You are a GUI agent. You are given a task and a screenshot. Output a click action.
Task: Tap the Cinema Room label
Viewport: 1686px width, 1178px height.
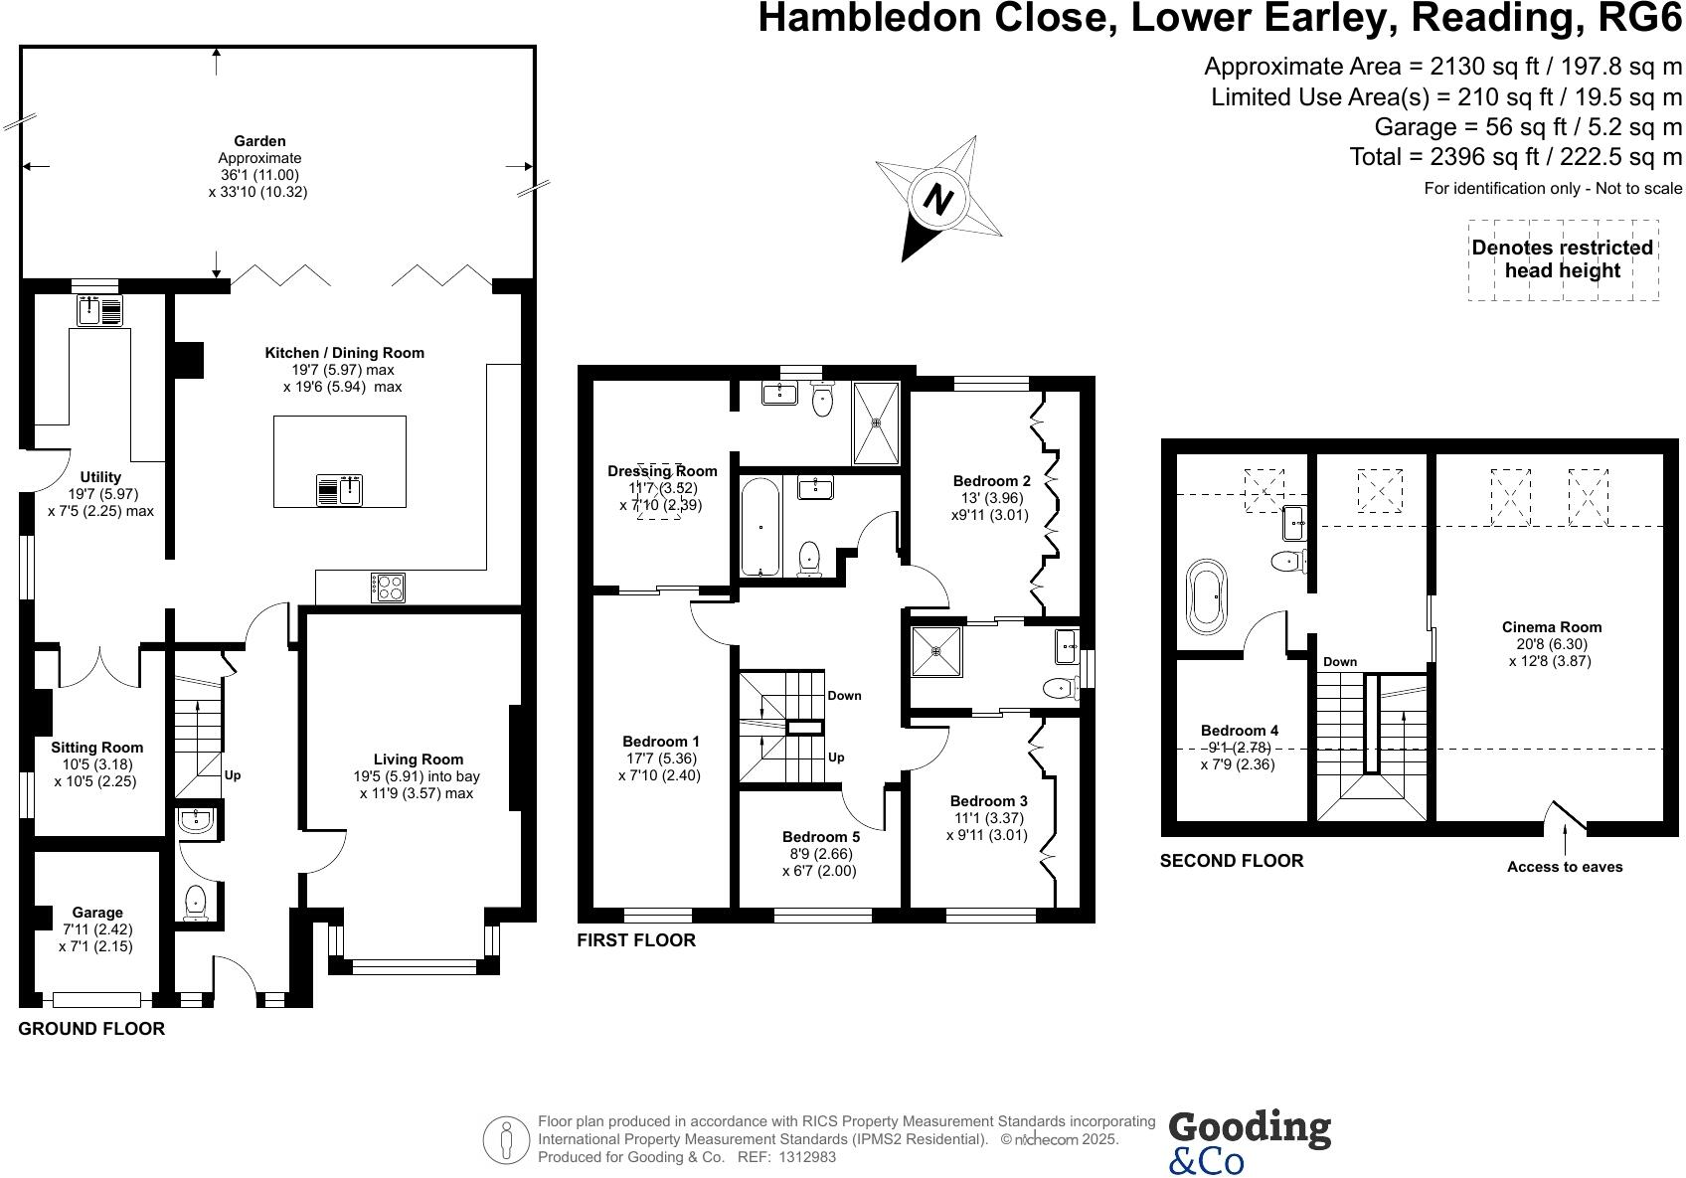tap(1551, 627)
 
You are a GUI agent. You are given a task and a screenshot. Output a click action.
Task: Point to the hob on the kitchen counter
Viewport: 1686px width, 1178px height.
tap(387, 587)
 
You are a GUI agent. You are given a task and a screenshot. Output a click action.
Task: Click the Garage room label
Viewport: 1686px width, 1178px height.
tap(97, 913)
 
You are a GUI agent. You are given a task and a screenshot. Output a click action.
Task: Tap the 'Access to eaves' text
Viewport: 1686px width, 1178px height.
tap(1564, 867)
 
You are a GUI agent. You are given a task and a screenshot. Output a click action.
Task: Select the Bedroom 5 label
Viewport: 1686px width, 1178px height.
tap(820, 837)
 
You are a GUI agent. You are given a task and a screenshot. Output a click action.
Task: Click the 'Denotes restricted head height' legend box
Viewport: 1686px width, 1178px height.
tap(1562, 259)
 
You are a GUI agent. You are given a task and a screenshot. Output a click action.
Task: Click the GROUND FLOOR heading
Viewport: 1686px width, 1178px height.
tap(91, 1029)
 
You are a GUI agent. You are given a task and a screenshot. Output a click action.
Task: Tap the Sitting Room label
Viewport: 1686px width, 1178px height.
tap(97, 748)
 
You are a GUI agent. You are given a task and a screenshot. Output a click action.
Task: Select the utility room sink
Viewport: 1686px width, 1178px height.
tap(98, 311)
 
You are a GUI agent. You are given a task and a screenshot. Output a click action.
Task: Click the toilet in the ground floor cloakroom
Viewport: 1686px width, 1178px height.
tap(196, 901)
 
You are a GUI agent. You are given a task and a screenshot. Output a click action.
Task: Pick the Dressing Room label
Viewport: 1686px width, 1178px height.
tap(662, 471)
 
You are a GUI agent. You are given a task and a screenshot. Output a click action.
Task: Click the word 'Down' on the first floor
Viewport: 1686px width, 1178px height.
tap(844, 696)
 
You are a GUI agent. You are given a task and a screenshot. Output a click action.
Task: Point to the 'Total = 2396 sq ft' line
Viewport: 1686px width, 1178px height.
tap(1515, 157)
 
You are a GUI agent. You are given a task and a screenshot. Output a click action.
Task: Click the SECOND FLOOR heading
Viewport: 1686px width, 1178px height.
tap(1231, 861)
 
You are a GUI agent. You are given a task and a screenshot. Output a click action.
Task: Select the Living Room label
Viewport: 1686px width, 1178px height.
tap(418, 759)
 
